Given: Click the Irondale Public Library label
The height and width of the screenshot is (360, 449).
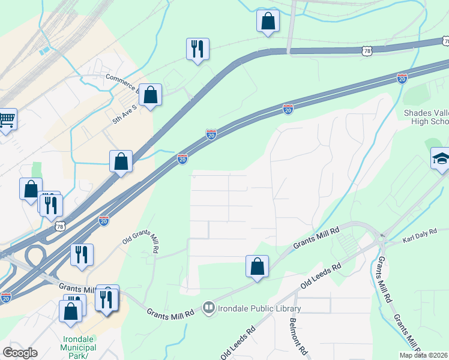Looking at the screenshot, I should [259, 309].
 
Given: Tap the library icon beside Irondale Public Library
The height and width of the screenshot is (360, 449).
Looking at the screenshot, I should [209, 308].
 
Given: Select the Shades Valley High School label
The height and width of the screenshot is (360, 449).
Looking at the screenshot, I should [426, 117].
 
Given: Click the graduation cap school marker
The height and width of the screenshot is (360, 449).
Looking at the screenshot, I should [441, 158].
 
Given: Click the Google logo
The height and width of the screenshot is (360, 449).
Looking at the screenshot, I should [20, 353].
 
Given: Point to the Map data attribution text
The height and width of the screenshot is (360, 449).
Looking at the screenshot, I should [423, 355].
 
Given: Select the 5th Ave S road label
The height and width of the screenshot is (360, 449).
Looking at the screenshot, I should [125, 112].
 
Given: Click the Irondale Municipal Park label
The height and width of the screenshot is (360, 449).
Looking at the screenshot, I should [79, 348].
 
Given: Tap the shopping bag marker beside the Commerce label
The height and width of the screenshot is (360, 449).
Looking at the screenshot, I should [151, 95].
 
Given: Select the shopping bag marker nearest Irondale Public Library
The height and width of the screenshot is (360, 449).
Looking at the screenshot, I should [257, 266].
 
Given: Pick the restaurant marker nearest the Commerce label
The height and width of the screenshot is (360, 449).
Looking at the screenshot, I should [197, 49].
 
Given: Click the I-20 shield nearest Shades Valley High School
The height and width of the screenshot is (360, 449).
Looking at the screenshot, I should [402, 78].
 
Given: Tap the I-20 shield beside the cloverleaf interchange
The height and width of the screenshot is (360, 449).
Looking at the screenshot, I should [5, 297].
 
